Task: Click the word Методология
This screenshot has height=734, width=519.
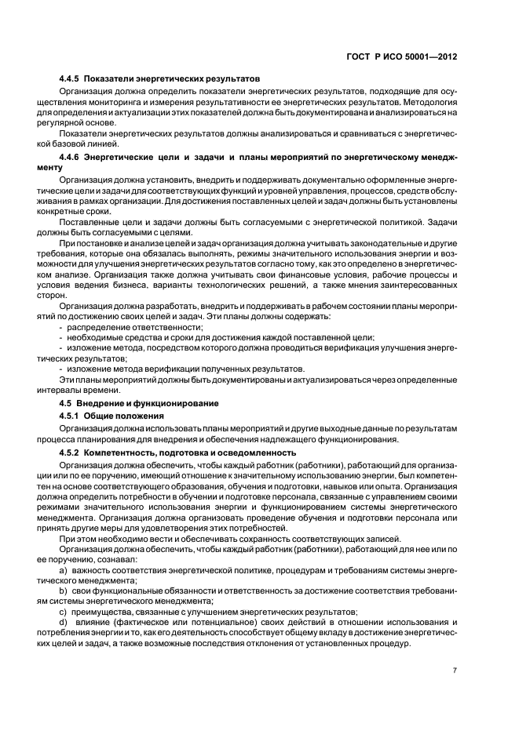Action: [417, 103]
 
